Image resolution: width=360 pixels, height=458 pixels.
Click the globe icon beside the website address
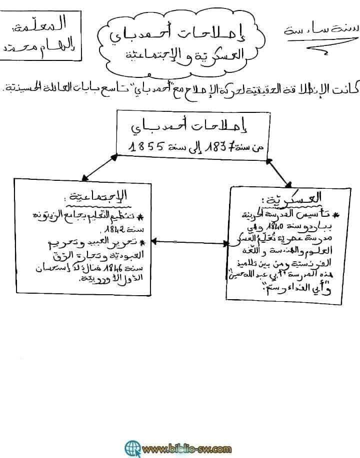coord(132,447)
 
